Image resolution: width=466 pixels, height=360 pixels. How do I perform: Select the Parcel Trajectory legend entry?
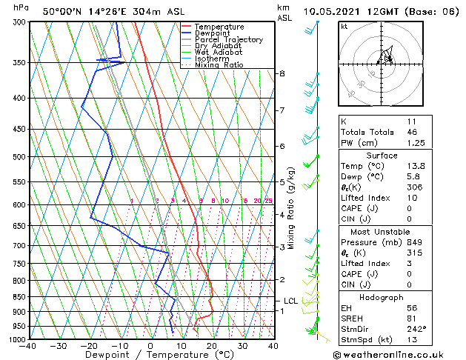pos(228,40)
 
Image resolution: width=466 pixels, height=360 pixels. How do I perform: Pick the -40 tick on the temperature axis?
pos(28,346)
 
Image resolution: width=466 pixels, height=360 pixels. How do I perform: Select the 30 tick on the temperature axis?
pos(242,346)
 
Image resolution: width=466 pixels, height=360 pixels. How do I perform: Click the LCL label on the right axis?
pos(290,301)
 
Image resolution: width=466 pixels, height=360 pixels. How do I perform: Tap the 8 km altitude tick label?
pos(282,73)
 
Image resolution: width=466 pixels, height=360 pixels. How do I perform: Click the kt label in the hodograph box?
pos(344,26)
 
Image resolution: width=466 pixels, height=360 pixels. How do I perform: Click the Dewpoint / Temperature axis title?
pos(150,355)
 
